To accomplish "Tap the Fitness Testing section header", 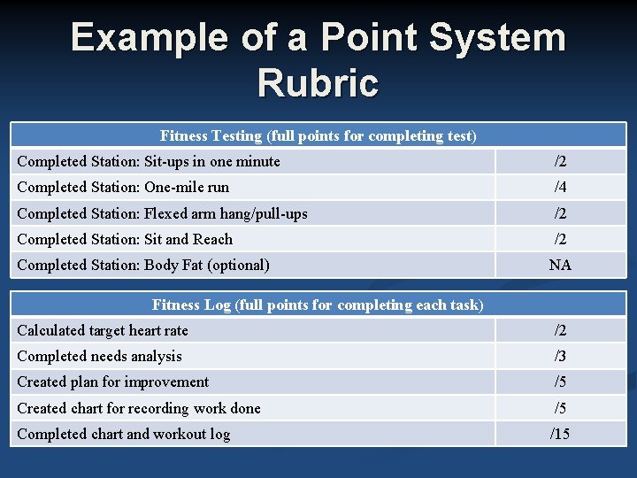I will (318, 135).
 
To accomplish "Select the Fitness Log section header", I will (318, 305).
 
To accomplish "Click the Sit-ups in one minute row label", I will (149, 161).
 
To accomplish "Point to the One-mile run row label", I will (123, 187).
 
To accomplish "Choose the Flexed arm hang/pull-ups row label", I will (162, 213).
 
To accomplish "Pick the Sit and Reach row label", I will (125, 239).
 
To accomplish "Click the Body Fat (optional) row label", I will (143, 265).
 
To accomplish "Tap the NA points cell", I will (560, 265).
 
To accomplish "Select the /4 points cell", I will (560, 187).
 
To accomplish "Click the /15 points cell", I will (560, 434).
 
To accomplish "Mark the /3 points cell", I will (560, 356).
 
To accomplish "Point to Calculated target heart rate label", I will (103, 330).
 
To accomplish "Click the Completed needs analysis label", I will (99, 356).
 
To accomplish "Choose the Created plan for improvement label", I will (113, 382).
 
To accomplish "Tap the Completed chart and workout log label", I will (123, 434).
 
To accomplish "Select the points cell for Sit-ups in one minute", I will (560, 161).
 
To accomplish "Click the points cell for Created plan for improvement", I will (560, 382).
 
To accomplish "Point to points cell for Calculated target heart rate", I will (560, 330).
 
